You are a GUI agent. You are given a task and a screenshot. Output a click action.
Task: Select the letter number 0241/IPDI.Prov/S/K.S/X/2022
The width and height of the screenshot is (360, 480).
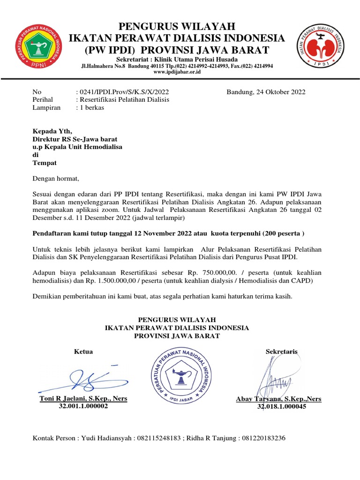(x=122, y=92)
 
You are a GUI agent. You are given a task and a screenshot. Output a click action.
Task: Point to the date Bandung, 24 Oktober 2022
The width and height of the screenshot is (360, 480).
(x=266, y=92)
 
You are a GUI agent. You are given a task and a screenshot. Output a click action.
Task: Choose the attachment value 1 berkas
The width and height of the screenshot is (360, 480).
(x=92, y=107)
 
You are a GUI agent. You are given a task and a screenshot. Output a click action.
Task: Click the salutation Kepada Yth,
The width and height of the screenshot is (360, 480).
(x=52, y=131)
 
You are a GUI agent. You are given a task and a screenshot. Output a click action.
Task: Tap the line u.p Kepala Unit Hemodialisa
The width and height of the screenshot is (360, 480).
(x=77, y=147)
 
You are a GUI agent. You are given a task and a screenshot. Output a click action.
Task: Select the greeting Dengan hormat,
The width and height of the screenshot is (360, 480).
(x=56, y=179)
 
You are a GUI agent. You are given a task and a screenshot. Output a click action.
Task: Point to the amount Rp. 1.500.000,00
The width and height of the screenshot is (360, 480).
(x=104, y=280)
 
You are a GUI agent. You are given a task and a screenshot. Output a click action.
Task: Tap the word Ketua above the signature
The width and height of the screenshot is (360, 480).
(x=83, y=352)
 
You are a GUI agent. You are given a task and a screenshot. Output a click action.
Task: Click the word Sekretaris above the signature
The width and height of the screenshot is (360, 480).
(x=281, y=352)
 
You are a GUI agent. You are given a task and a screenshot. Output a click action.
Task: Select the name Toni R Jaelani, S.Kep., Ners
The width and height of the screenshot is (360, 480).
(x=83, y=398)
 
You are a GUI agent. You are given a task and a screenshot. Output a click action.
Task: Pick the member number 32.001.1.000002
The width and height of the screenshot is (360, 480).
(x=83, y=406)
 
